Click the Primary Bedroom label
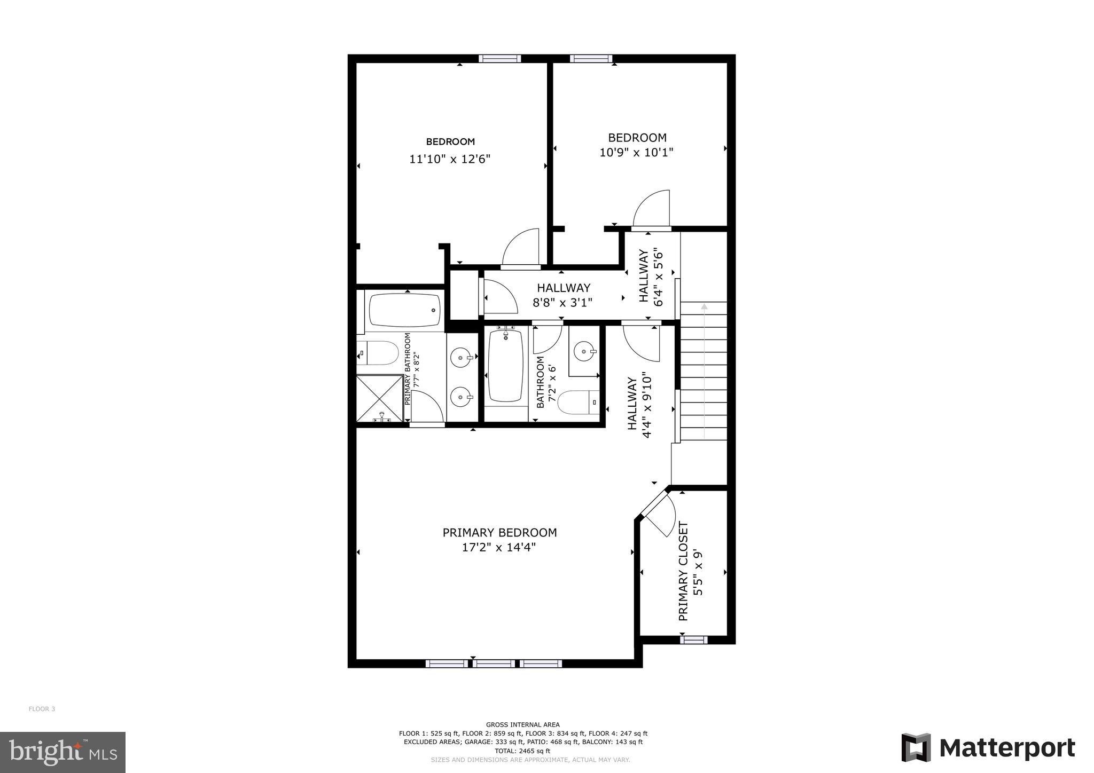click(x=499, y=532)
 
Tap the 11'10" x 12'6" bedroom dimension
click(x=450, y=159)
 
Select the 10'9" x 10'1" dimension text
click(x=636, y=153)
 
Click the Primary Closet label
click(x=683, y=571)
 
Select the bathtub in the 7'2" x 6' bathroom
click(x=505, y=366)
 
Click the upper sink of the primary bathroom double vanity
click(x=461, y=357)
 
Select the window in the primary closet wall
click(x=694, y=639)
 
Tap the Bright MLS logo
click(x=62, y=752)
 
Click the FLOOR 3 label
click(x=42, y=709)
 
